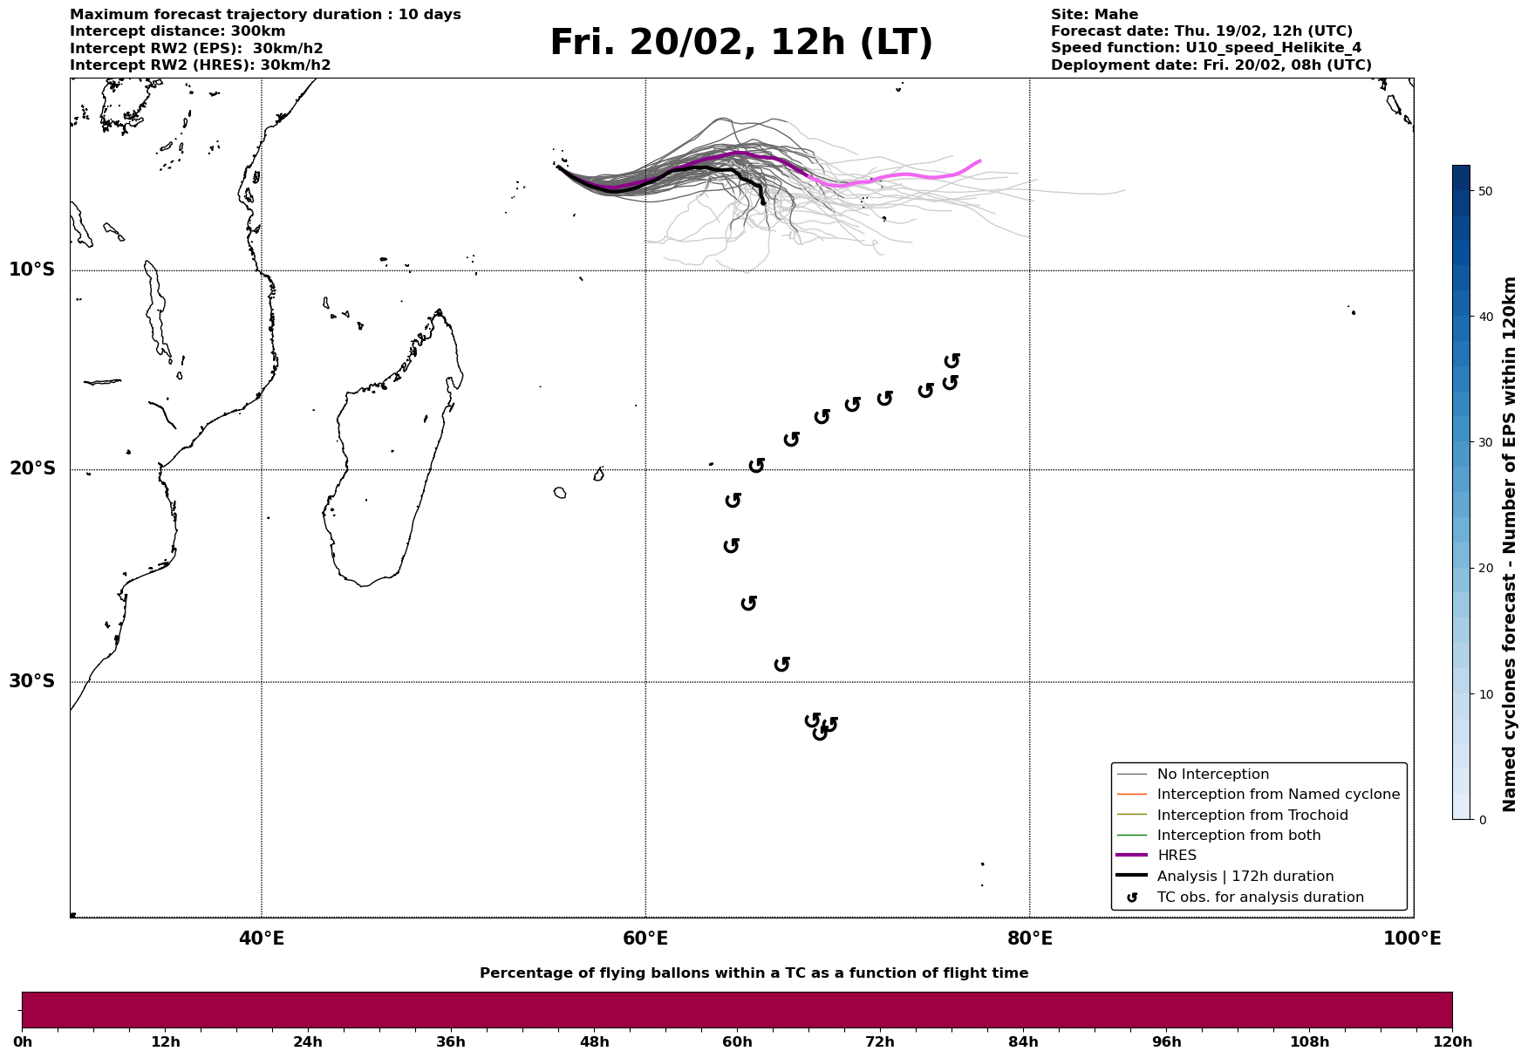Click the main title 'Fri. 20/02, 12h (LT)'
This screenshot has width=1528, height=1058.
740,43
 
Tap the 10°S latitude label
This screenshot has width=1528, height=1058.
32,270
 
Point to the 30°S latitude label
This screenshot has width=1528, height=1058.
32,681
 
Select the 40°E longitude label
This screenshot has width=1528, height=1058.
261,939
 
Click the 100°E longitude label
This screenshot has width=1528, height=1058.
1412,939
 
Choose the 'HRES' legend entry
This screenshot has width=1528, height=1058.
1177,856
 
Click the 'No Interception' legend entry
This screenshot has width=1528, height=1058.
1212,775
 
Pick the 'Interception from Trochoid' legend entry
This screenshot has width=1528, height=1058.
1252,816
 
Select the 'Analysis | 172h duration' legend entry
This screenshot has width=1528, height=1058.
1245,877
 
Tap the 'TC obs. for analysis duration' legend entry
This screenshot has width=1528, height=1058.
1259,898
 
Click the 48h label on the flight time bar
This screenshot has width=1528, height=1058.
594,1041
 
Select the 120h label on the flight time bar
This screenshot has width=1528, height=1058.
1452,1041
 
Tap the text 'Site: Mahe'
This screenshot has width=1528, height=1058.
1094,15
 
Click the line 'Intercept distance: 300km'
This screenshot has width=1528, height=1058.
177,31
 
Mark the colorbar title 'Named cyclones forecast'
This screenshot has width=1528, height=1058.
1511,544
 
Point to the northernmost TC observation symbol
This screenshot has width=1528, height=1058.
952,360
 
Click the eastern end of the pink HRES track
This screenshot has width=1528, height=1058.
979,161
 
